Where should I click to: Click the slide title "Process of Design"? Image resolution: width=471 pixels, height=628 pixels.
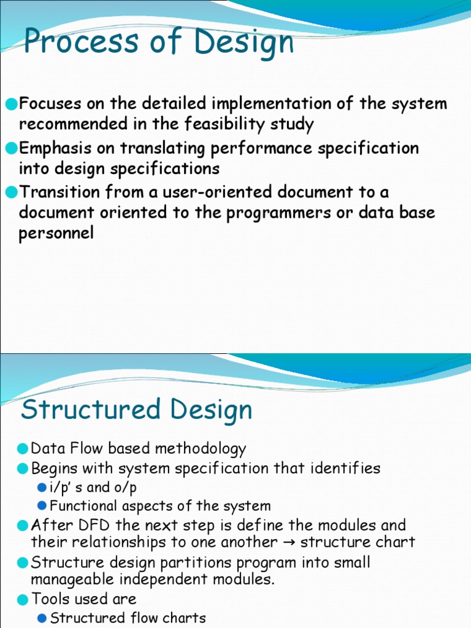tap(158, 43)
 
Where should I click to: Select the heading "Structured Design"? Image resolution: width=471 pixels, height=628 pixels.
tap(136, 410)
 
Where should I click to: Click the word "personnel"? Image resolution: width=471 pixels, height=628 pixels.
tap(56, 233)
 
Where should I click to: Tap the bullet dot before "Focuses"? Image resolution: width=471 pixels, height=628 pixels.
tap(11, 104)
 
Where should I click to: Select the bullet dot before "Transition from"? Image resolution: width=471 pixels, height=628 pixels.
tap(11, 193)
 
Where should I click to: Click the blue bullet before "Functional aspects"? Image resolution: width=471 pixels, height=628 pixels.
tap(42, 507)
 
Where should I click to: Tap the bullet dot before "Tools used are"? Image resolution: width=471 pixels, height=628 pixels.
tap(23, 600)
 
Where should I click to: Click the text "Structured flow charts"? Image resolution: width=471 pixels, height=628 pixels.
tap(128, 618)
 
